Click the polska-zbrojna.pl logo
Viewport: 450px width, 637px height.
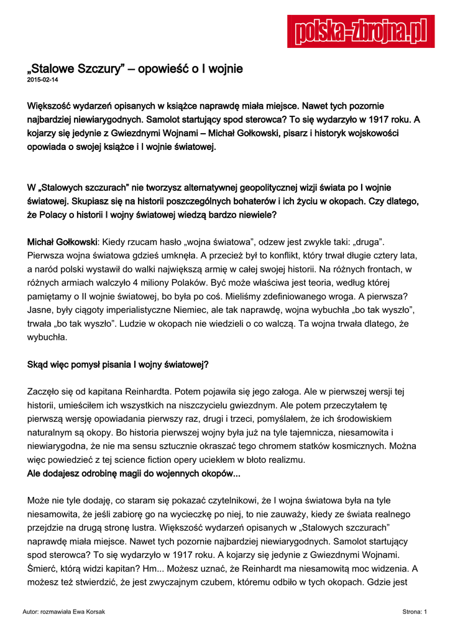360,31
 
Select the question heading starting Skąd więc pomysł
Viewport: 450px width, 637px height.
118,365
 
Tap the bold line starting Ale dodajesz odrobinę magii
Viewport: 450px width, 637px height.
134,473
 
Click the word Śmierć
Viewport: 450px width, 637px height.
42,569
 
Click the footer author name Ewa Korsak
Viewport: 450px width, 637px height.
91,612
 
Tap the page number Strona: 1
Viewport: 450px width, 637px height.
414,612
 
